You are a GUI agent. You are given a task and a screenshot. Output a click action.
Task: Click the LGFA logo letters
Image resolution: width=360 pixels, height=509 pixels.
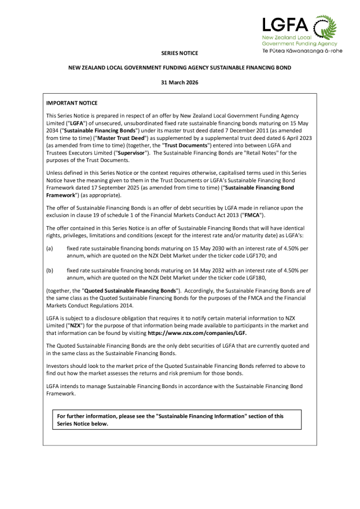click(285, 25)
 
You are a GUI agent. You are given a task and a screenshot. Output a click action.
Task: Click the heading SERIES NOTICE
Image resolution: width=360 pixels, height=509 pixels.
click(179, 53)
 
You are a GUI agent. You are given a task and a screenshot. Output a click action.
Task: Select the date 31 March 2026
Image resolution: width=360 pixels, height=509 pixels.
click(179, 83)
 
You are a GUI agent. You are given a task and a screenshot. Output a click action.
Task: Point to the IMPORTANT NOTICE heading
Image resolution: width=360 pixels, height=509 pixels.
click(72, 103)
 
